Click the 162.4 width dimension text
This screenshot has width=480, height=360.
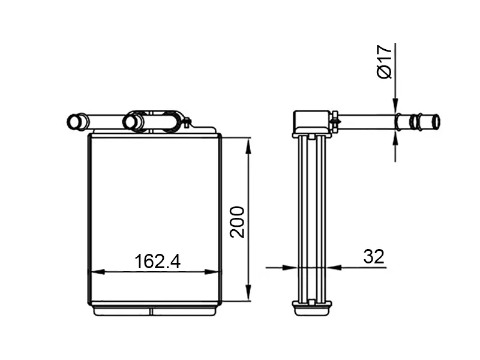(x=157, y=261)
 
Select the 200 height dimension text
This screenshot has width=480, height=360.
(x=238, y=222)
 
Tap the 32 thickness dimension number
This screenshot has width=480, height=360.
(x=373, y=257)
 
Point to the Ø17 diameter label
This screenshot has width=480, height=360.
(x=385, y=62)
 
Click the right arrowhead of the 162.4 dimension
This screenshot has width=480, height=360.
(x=211, y=272)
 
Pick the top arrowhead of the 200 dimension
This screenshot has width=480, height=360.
(x=248, y=146)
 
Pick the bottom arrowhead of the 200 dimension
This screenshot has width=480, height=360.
(x=248, y=293)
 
